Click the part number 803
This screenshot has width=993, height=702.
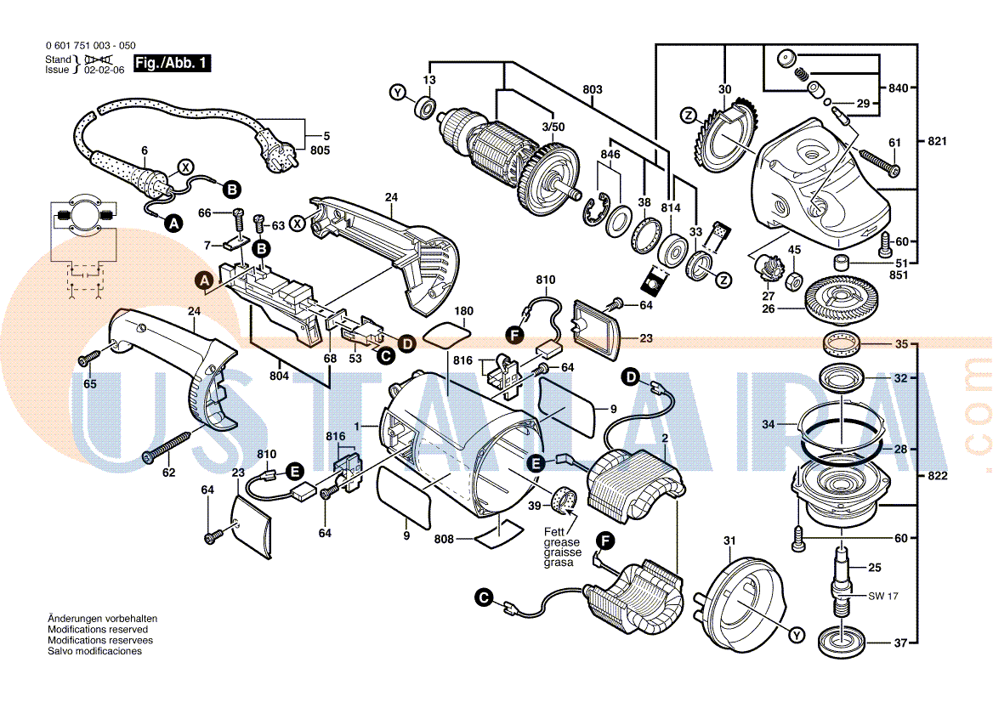tap(593, 89)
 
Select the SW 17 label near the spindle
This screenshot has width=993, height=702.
tap(882, 596)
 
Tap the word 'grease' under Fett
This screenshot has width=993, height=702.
tap(563, 541)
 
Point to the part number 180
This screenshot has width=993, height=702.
tap(464, 311)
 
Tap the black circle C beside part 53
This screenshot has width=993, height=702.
tap(385, 355)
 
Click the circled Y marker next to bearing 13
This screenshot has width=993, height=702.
tap(398, 92)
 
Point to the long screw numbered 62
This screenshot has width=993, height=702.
tap(177, 447)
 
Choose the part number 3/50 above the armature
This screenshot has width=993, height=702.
tap(553, 127)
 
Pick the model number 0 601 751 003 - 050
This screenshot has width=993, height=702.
tap(89, 46)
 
